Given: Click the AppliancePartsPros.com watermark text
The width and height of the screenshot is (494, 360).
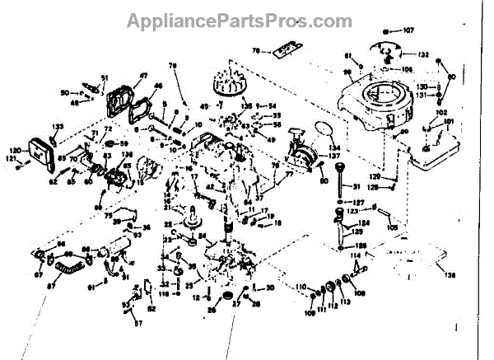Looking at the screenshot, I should tap(246, 18).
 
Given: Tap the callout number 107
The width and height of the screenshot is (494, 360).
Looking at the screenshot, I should tap(409, 31).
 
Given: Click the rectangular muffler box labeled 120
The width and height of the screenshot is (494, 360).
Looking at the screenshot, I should tap(40, 153).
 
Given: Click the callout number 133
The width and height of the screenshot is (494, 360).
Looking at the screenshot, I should tap(58, 126).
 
